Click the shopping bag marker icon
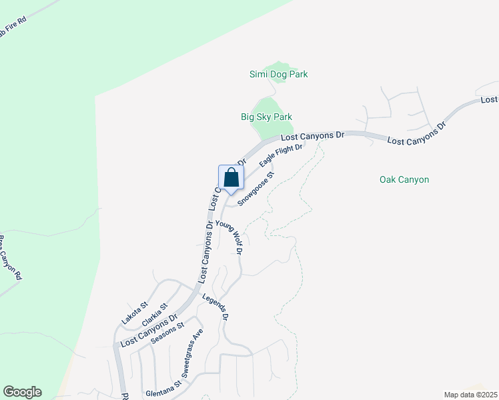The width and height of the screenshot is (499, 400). point(231,178)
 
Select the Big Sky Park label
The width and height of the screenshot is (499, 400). point(266,117)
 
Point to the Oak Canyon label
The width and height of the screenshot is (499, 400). point(404,179)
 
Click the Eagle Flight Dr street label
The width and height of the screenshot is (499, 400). point(281,155)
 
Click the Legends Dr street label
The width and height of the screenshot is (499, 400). point(216,307)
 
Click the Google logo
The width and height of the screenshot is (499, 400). point(22,392)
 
